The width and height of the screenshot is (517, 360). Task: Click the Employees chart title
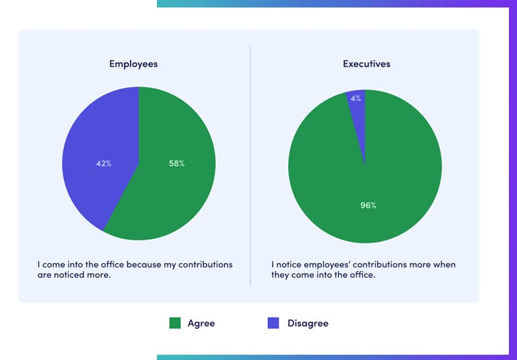(133, 64)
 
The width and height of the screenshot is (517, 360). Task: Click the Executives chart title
(366, 64)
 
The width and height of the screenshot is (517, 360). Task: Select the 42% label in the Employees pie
(104, 164)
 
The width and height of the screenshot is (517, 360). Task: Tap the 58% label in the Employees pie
(176, 164)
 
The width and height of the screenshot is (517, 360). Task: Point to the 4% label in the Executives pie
(356, 98)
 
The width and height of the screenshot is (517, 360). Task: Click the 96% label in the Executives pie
(368, 205)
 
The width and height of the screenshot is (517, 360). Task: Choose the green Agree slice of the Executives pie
(390, 175)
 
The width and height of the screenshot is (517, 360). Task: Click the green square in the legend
(175, 323)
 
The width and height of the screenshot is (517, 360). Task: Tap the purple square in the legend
(273, 323)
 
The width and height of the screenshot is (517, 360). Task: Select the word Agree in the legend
(201, 324)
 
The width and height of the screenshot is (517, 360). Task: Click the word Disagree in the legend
(308, 324)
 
